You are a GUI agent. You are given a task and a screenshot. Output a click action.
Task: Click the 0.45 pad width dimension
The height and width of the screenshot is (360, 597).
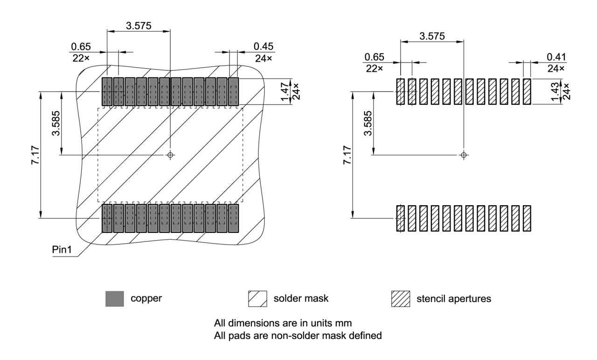tap(264, 47)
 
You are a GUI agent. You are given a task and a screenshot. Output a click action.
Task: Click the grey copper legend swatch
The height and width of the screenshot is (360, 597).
tap(115, 299)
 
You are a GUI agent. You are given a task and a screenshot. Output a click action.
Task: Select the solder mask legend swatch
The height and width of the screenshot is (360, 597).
tap(257, 299)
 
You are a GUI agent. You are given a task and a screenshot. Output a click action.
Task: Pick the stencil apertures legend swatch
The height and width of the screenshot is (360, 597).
tap(400, 299)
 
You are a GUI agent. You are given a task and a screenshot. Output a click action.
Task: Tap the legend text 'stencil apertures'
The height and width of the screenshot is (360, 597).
tap(453, 299)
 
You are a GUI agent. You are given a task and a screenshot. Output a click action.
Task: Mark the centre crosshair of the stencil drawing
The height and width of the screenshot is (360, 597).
tap(463, 154)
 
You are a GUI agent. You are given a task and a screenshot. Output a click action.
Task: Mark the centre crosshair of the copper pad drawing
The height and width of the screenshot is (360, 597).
tap(170, 154)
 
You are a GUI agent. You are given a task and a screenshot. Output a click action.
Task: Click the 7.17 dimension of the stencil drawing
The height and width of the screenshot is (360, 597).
tap(347, 155)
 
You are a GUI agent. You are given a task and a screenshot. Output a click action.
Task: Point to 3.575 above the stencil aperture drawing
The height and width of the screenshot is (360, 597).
tap(432, 36)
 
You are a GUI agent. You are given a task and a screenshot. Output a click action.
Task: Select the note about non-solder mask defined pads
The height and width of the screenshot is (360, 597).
tap(298, 334)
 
